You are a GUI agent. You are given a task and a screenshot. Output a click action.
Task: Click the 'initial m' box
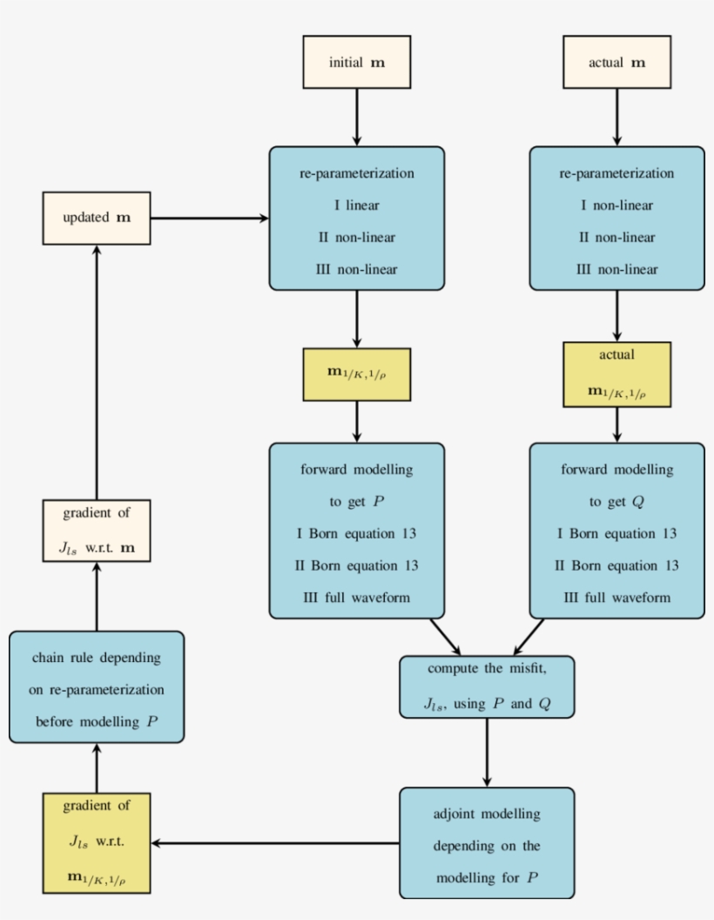356,63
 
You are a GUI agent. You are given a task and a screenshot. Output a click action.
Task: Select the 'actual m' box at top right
616,63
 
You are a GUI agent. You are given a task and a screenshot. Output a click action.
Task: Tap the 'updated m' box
97,218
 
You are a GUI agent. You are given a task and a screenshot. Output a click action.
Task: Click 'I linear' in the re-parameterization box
356,206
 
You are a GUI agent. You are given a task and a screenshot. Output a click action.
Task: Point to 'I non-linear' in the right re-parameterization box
616,206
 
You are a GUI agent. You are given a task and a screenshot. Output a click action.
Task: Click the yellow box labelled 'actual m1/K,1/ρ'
616,375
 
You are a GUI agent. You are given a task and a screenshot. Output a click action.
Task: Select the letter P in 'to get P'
378,503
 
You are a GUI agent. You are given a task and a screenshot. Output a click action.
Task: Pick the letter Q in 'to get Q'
638,503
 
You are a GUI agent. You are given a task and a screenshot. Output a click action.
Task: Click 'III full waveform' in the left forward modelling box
356,598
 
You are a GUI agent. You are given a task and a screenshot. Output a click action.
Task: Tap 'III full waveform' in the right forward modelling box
616,598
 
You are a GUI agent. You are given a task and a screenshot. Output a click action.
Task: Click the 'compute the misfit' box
487,687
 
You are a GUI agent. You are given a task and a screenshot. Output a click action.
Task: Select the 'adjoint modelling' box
487,843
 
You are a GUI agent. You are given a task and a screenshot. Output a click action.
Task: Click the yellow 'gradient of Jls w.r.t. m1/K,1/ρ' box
97,843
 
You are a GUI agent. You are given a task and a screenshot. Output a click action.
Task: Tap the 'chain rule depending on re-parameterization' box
97,688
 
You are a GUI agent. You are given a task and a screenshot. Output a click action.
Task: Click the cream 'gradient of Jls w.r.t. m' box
97,531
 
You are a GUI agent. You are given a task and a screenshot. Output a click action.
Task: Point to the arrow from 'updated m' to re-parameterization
209,218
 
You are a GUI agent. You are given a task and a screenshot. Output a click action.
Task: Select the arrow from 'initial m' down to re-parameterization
356,117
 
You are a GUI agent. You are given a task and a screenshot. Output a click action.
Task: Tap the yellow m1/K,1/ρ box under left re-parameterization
356,375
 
